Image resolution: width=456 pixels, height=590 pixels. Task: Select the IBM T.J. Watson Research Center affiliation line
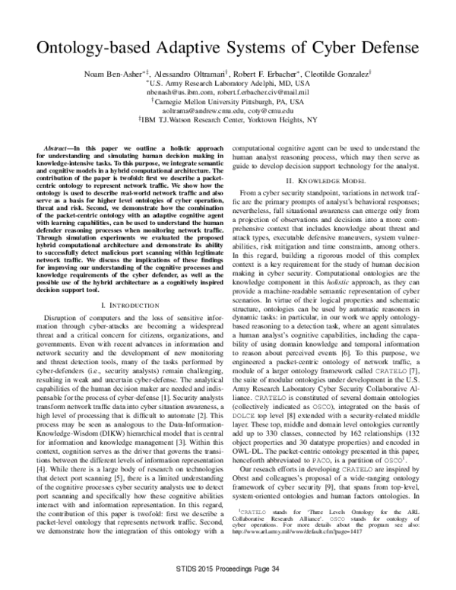tap(228, 119)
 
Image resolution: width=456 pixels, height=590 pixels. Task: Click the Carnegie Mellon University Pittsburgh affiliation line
tap(228, 100)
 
